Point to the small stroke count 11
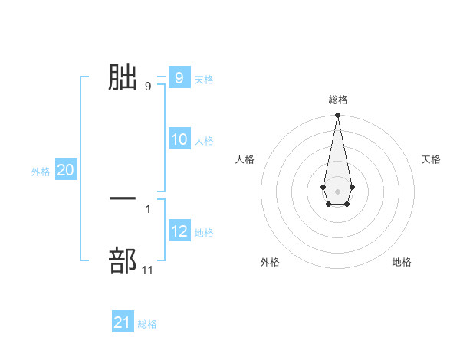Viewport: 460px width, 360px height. click(148, 270)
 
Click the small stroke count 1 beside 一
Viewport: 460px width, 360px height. click(148, 208)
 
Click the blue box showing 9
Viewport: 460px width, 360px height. click(179, 78)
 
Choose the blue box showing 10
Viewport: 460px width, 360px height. click(179, 139)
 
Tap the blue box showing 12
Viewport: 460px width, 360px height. click(179, 231)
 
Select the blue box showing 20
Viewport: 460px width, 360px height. click(65, 170)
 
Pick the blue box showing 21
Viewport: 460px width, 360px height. click(122, 322)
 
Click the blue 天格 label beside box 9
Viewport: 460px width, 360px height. click(204, 79)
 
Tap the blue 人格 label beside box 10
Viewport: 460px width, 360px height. click(204, 140)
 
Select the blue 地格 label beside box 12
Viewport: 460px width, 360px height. click(204, 232)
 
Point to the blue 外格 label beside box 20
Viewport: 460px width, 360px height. click(41, 172)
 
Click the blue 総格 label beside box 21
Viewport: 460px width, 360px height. click(147, 324)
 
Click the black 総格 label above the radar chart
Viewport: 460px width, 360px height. click(337, 100)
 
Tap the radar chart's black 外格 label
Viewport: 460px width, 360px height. click(270, 262)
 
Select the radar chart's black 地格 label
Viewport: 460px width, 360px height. click(402, 262)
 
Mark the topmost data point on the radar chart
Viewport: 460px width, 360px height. click(337, 116)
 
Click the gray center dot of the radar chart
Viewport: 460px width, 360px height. click(337, 191)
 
